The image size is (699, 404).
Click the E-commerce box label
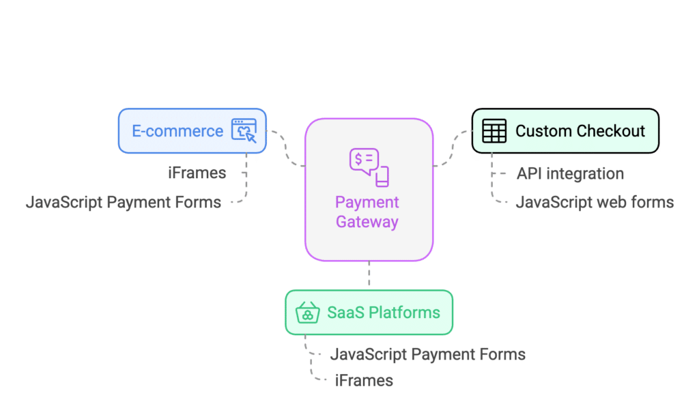(x=177, y=131)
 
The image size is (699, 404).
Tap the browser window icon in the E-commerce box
(x=244, y=130)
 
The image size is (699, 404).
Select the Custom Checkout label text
(x=580, y=131)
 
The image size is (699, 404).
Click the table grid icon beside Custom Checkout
(x=494, y=130)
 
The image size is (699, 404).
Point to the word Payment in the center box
(x=367, y=202)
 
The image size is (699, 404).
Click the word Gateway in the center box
(x=367, y=222)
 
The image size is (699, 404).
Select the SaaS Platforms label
(x=384, y=313)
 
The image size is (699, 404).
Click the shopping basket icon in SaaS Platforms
(x=308, y=312)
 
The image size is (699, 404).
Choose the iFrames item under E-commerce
(x=197, y=173)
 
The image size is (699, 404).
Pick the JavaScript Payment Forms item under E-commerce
(x=124, y=203)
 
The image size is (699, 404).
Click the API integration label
(x=570, y=173)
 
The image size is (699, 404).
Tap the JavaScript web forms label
(x=595, y=203)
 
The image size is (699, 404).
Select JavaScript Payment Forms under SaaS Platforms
(x=428, y=354)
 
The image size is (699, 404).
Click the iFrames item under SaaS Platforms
(x=365, y=381)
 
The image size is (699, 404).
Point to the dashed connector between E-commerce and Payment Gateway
(x=286, y=149)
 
